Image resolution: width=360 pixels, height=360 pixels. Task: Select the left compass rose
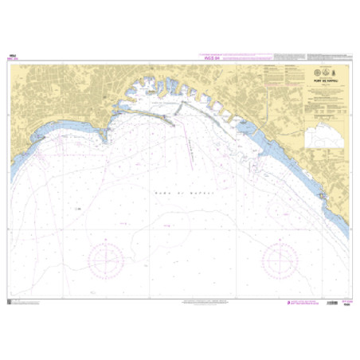(x=106, y=257)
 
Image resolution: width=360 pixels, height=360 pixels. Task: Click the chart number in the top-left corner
(x=13, y=56)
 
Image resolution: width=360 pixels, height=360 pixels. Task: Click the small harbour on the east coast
(x=320, y=195)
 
